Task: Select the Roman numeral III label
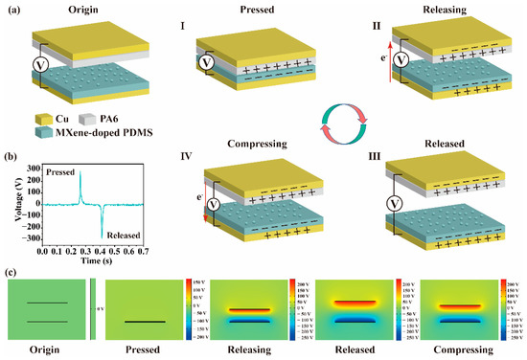coord(386,155)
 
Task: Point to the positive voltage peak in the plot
coord(80,174)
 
